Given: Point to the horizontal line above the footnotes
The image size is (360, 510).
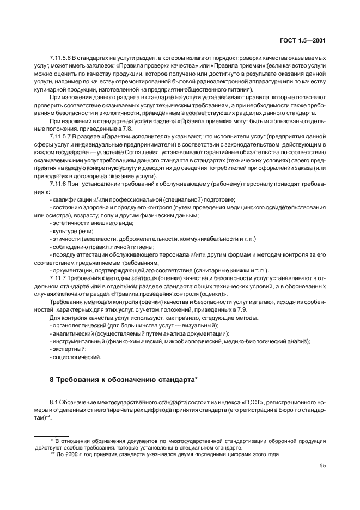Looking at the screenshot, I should point(52,435).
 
